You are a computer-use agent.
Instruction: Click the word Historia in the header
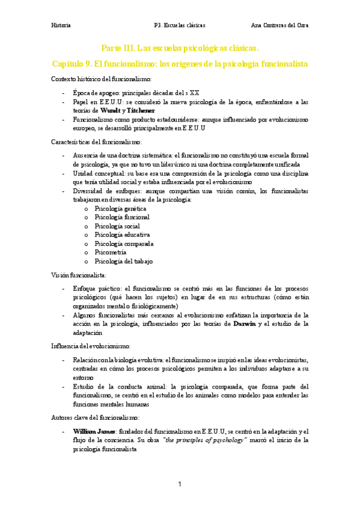tap(61, 26)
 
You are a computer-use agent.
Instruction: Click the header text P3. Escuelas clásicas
tap(180, 26)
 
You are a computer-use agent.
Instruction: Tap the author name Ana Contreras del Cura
tap(279, 26)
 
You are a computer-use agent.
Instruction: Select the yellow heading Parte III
tap(180, 48)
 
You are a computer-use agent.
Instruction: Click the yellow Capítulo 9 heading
tap(180, 63)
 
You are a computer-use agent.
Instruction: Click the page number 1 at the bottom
tap(179, 484)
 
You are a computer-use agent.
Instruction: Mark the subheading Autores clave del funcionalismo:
tap(95, 417)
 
